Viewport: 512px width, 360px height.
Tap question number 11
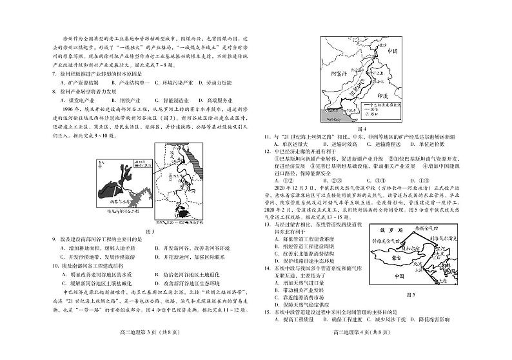266,137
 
